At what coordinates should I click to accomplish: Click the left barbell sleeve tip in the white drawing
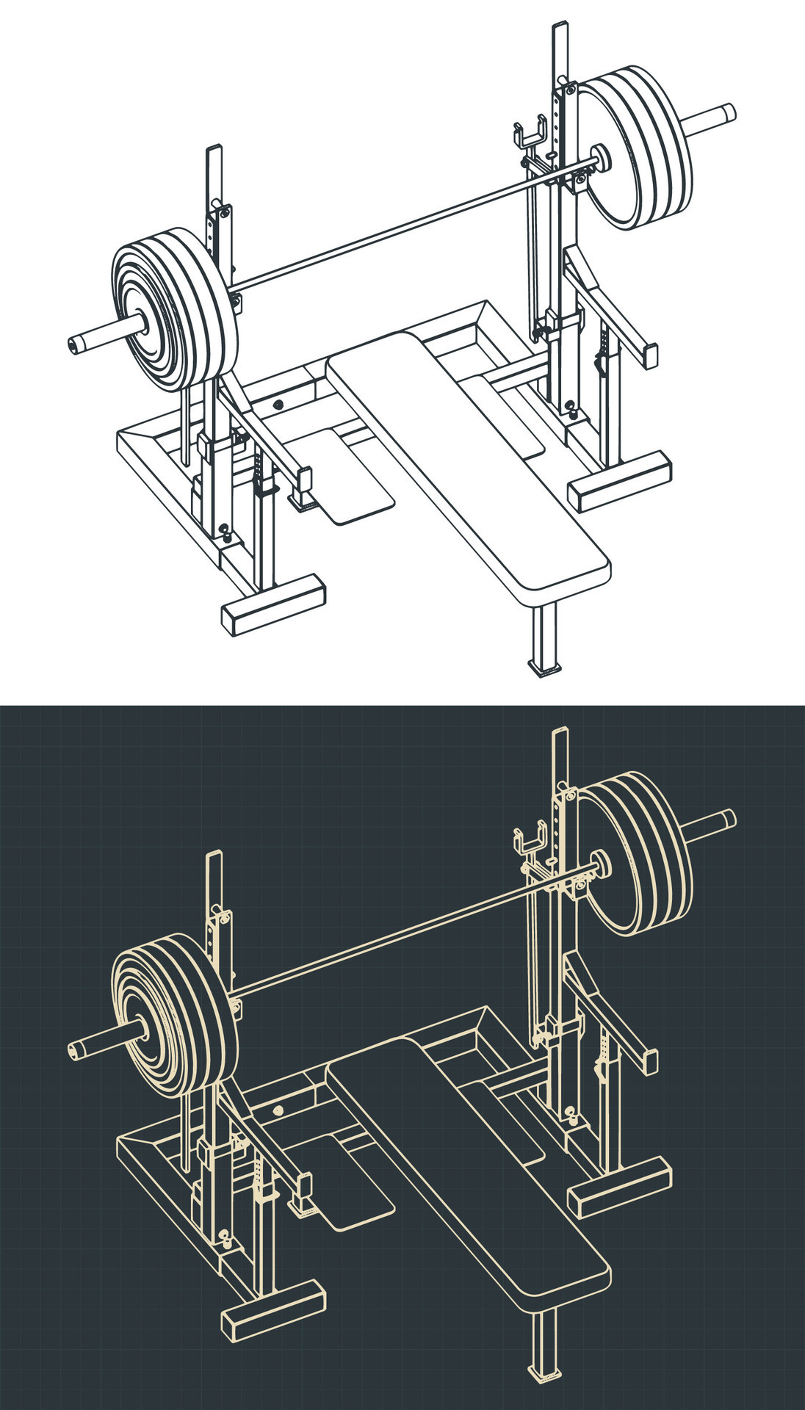[x=75, y=343]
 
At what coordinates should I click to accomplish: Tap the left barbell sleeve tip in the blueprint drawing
[x=75, y=1048]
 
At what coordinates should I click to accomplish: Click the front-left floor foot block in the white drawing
[x=273, y=604]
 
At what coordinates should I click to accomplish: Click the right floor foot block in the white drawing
[x=620, y=481]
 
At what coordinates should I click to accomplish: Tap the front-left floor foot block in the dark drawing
[x=273, y=1309]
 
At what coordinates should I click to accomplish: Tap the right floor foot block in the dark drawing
[x=620, y=1186]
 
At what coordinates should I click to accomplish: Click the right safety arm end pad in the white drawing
[x=649, y=354]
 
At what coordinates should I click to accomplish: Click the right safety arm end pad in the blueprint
[x=649, y=1059]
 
